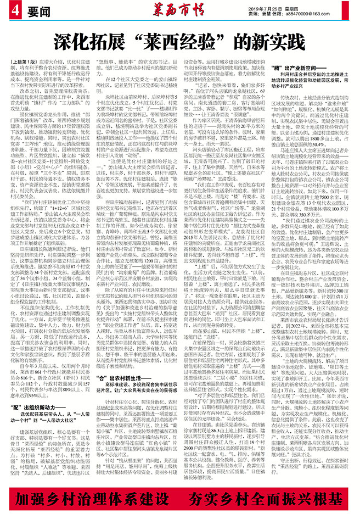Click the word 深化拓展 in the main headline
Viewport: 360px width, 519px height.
click(88, 41)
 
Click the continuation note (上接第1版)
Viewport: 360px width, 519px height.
click(33, 62)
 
